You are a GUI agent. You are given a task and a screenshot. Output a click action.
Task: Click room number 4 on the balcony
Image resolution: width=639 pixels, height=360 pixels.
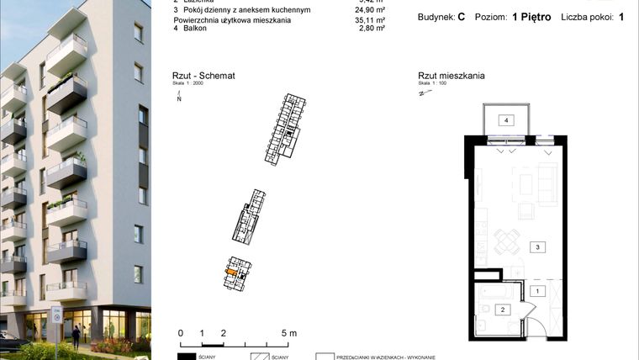click(506, 121)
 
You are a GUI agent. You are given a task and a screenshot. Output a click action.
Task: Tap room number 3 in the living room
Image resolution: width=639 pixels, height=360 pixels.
click(536, 247)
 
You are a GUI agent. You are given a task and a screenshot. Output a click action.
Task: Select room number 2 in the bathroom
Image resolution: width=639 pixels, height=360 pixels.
click(502, 310)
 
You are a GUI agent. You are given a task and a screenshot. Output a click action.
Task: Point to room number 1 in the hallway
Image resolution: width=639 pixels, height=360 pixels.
click(536, 291)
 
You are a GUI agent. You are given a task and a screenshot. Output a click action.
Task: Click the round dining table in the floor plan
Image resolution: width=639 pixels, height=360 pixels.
click(505, 241)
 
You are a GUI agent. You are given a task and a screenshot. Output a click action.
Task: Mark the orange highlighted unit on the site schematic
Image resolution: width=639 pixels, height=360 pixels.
click(231, 272)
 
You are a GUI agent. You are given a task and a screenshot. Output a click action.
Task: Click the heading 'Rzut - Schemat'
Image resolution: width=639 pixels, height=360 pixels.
click(203, 77)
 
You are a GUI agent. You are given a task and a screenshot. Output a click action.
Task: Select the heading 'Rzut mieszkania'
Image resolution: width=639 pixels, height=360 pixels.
click(452, 77)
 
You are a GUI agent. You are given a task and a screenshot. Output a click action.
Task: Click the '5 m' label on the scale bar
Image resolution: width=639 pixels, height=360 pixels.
click(288, 333)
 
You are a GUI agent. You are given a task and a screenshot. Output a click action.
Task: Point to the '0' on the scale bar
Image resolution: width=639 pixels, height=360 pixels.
click(181, 333)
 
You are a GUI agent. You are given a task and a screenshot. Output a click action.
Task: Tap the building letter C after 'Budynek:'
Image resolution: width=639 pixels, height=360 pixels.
click(462, 17)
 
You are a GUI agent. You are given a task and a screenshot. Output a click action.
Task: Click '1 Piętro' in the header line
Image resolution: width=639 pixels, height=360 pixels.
click(531, 17)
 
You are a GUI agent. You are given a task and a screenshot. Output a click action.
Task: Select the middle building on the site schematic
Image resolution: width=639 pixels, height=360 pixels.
click(251, 217)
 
